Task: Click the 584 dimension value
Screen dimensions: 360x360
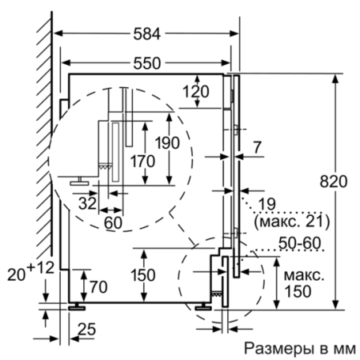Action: coord(147,34)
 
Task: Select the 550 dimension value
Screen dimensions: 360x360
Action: coord(146,62)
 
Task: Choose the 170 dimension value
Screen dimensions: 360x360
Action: coord(140,161)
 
